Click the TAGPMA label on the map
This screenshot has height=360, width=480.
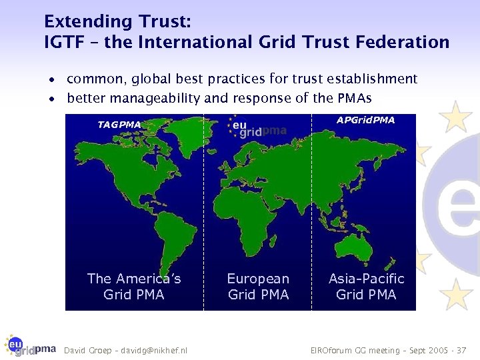click(119, 125)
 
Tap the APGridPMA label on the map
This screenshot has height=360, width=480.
click(365, 121)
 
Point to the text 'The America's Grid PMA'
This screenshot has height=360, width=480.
click(134, 287)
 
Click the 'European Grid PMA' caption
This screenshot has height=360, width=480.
click(258, 287)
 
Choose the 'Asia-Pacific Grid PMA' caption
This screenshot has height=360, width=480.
click(366, 287)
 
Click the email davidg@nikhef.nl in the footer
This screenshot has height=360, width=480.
click(154, 350)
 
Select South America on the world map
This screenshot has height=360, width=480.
click(155, 227)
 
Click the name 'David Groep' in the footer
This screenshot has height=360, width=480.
click(85, 350)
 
